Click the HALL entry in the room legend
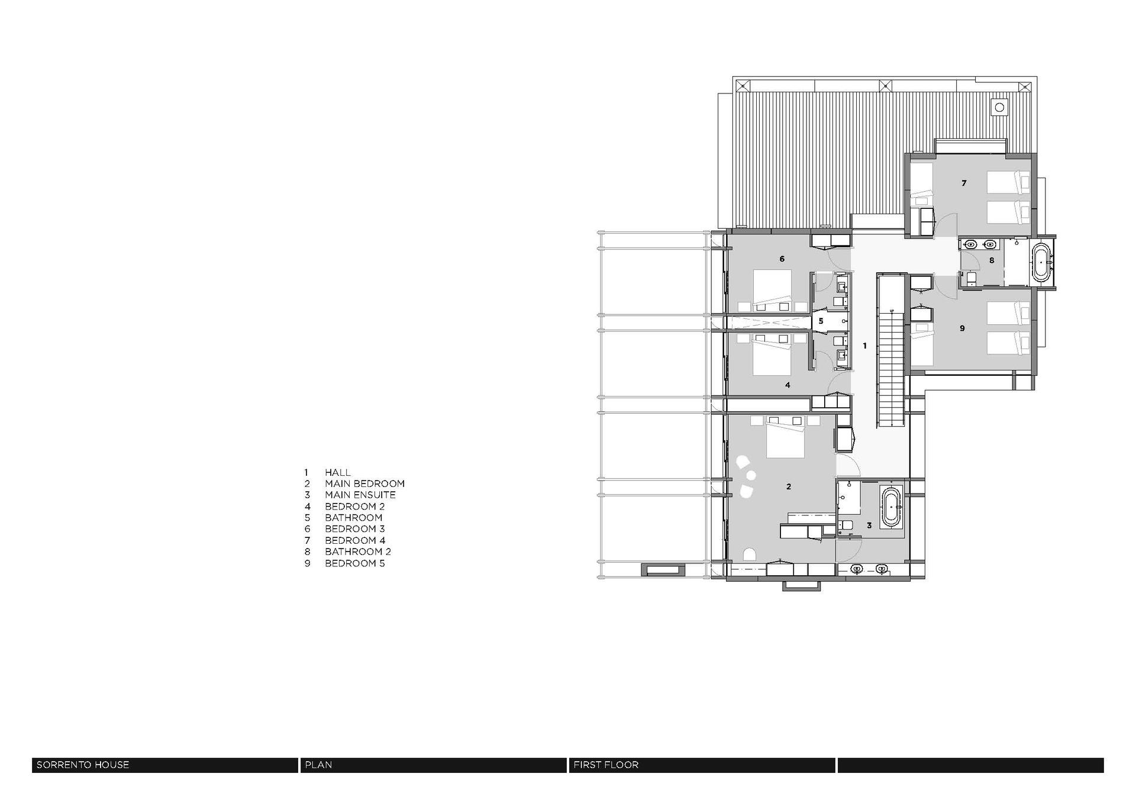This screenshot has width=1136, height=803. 337,472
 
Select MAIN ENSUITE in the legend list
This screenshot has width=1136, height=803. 360,495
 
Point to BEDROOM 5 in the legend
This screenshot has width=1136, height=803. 354,563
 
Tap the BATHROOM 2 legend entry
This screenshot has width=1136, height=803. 357,552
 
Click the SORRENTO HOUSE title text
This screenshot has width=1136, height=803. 83,765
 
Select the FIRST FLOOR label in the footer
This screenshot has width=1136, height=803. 606,765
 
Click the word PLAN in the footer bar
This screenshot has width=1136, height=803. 318,765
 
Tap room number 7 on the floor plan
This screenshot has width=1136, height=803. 964,183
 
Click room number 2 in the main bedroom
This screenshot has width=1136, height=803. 789,486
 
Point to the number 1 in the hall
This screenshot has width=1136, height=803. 864,346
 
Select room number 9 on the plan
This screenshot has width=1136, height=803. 962,328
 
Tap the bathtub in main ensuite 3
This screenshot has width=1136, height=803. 892,507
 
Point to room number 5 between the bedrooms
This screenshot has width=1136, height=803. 821,321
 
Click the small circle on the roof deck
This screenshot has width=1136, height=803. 999,107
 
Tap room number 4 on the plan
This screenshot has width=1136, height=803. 788,385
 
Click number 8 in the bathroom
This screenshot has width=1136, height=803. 992,260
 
